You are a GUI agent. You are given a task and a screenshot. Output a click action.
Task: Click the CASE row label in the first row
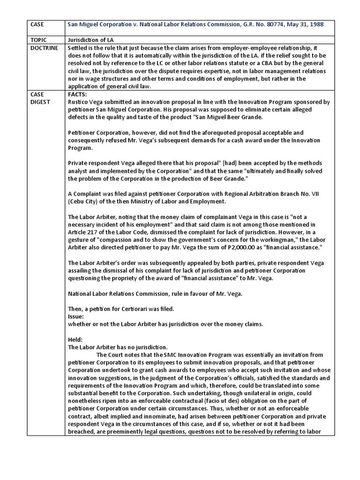[x=37, y=24]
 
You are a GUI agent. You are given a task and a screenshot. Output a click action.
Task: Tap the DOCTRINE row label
[x=44, y=48]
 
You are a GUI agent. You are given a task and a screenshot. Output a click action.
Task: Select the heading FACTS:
[x=78, y=94]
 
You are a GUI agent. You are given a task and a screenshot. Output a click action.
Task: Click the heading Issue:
[x=76, y=316]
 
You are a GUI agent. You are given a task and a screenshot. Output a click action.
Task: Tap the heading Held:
[x=75, y=339]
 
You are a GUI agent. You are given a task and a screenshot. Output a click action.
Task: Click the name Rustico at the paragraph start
[x=79, y=102]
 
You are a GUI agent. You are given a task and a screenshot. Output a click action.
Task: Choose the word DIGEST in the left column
[x=40, y=102]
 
